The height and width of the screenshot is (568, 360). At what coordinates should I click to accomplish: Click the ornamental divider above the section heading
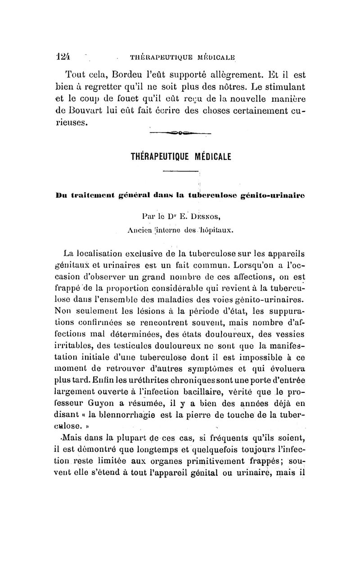tap(180, 132)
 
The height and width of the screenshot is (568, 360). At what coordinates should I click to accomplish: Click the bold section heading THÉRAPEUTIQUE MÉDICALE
tap(180, 158)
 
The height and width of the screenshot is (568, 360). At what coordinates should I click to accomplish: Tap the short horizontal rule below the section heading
tap(180, 171)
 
